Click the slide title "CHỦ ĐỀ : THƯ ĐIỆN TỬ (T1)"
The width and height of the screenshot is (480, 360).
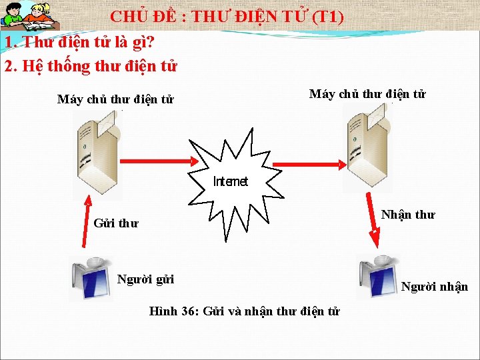[227, 16]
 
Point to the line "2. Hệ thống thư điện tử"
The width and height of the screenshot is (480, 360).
[91, 66]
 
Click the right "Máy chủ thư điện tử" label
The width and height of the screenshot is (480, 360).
[367, 94]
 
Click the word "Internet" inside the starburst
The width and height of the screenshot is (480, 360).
[230, 181]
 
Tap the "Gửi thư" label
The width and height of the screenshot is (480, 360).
[116, 223]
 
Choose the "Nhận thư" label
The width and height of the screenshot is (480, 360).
[407, 215]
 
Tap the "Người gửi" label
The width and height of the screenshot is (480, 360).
[145, 279]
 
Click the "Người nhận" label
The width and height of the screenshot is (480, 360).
[435, 287]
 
